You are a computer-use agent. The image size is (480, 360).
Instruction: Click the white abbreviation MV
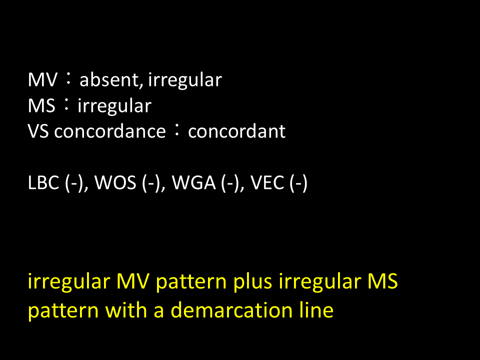click(42, 80)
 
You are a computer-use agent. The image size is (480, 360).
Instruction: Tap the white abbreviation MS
click(41, 106)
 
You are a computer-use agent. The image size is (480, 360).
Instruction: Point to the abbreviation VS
click(38, 131)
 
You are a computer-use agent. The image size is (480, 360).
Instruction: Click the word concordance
click(110, 131)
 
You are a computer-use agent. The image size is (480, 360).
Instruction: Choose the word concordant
click(236, 131)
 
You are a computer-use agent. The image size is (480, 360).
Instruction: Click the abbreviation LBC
click(43, 183)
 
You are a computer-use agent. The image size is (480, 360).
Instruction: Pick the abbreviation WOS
click(115, 183)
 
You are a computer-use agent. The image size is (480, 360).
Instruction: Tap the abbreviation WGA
click(194, 183)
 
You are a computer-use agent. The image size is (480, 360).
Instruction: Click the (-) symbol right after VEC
click(298, 183)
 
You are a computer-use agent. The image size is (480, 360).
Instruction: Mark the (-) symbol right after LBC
click(74, 183)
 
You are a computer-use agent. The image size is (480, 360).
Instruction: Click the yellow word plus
click(252, 281)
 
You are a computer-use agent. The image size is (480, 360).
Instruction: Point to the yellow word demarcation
click(231, 310)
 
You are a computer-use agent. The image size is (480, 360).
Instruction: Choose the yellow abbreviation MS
click(382, 281)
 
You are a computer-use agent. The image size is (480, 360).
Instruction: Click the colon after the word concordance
click(176, 130)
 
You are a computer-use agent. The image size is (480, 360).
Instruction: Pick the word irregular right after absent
click(185, 80)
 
